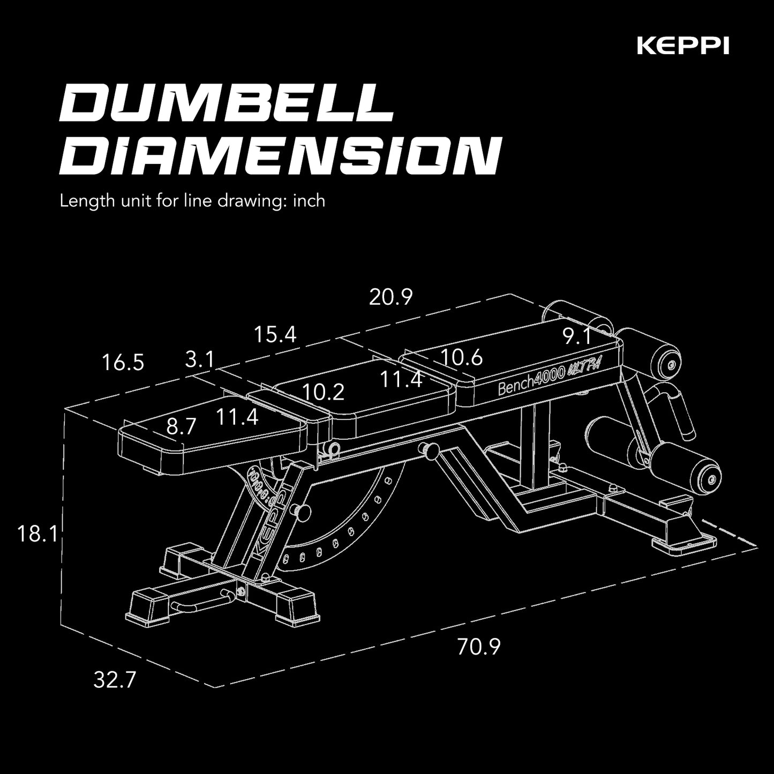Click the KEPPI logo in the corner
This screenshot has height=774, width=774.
(x=682, y=47)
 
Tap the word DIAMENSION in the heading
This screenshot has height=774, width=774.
(x=279, y=156)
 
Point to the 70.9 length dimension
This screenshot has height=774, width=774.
(x=479, y=647)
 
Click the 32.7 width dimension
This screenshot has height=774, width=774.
(x=115, y=680)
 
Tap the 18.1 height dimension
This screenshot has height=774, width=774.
(x=38, y=534)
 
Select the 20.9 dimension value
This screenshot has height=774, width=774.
(x=391, y=297)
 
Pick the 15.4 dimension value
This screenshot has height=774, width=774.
(x=275, y=335)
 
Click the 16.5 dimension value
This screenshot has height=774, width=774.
(x=123, y=363)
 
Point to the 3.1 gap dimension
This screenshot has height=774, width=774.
(x=200, y=359)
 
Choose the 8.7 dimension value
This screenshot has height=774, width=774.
(x=181, y=427)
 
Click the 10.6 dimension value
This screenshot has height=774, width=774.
(x=462, y=357)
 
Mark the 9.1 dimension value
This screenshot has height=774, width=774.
(x=576, y=337)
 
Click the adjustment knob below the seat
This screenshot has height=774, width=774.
(x=429, y=450)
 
